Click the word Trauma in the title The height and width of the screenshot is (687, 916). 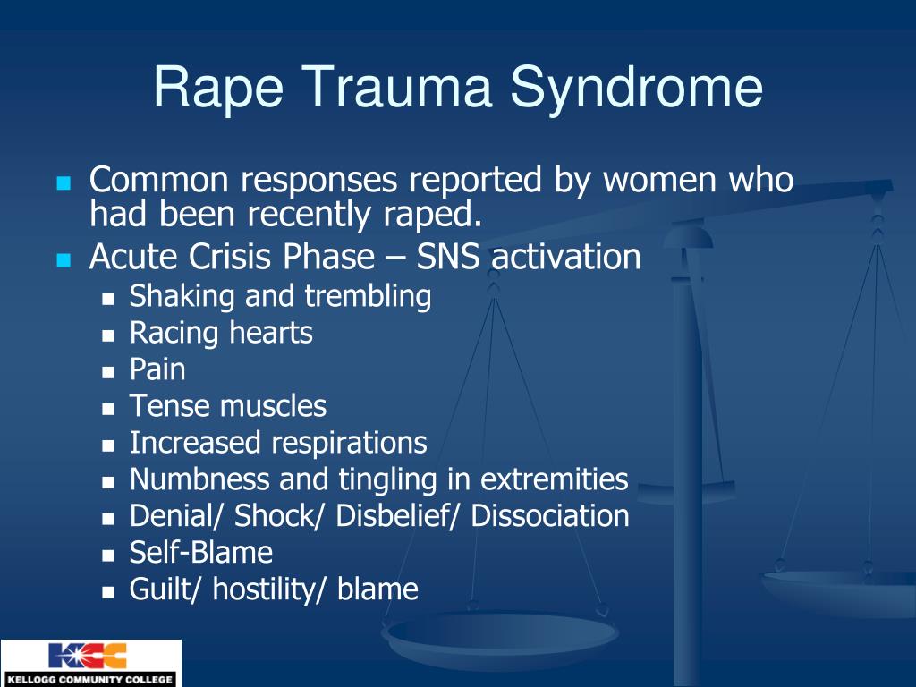[396, 87]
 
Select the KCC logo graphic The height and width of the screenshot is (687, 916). [88, 656]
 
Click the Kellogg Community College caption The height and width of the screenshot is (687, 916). [90, 680]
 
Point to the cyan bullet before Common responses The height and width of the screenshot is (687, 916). [64, 183]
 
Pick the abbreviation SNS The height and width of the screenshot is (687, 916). [447, 257]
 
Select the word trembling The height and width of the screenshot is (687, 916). [368, 296]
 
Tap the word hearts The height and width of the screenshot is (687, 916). [271, 333]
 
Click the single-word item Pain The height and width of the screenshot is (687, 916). [157, 369]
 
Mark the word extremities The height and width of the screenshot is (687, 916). [555, 479]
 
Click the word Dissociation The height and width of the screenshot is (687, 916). [550, 516]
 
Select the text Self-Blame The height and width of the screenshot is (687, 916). [201, 553]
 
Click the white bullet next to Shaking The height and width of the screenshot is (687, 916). [108, 300]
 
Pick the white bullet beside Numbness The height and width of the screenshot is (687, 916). [108, 483]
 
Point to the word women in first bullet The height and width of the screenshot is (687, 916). [659, 180]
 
